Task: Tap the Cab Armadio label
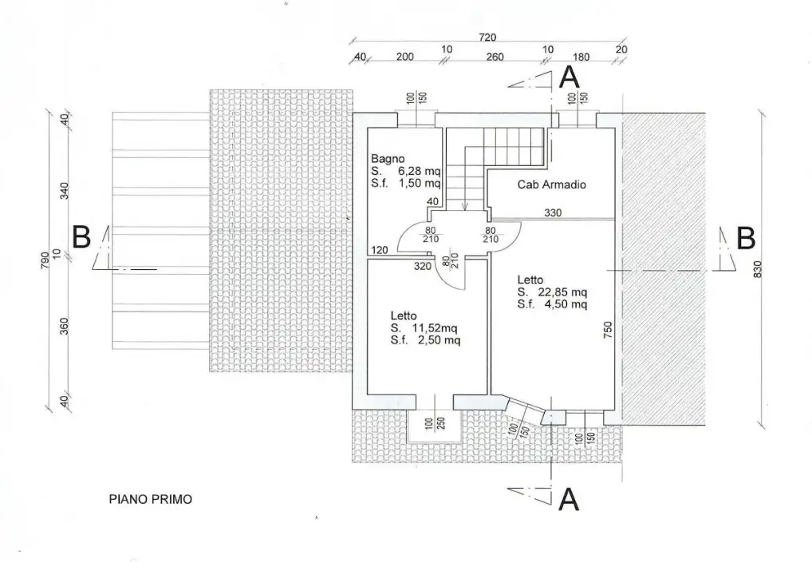tap(552, 184)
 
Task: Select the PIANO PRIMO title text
tap(150, 500)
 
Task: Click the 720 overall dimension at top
tap(487, 37)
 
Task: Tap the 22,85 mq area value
tap(563, 291)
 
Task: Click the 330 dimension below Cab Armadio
tap(553, 213)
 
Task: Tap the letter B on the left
tap(81, 237)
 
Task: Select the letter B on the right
tap(745, 238)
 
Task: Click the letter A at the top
tap(568, 77)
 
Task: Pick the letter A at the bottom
tap(568, 499)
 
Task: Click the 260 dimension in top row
tap(495, 57)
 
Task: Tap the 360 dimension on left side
tap(64, 327)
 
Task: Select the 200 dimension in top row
tap(404, 57)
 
